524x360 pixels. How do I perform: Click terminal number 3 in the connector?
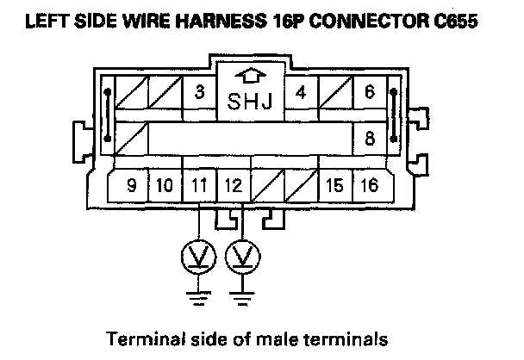coord(199,92)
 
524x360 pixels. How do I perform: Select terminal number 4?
coord(301,92)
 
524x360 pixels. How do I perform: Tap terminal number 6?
coord(370,92)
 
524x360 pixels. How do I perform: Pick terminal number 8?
coord(370,137)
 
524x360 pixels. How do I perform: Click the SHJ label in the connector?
coord(250,103)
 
